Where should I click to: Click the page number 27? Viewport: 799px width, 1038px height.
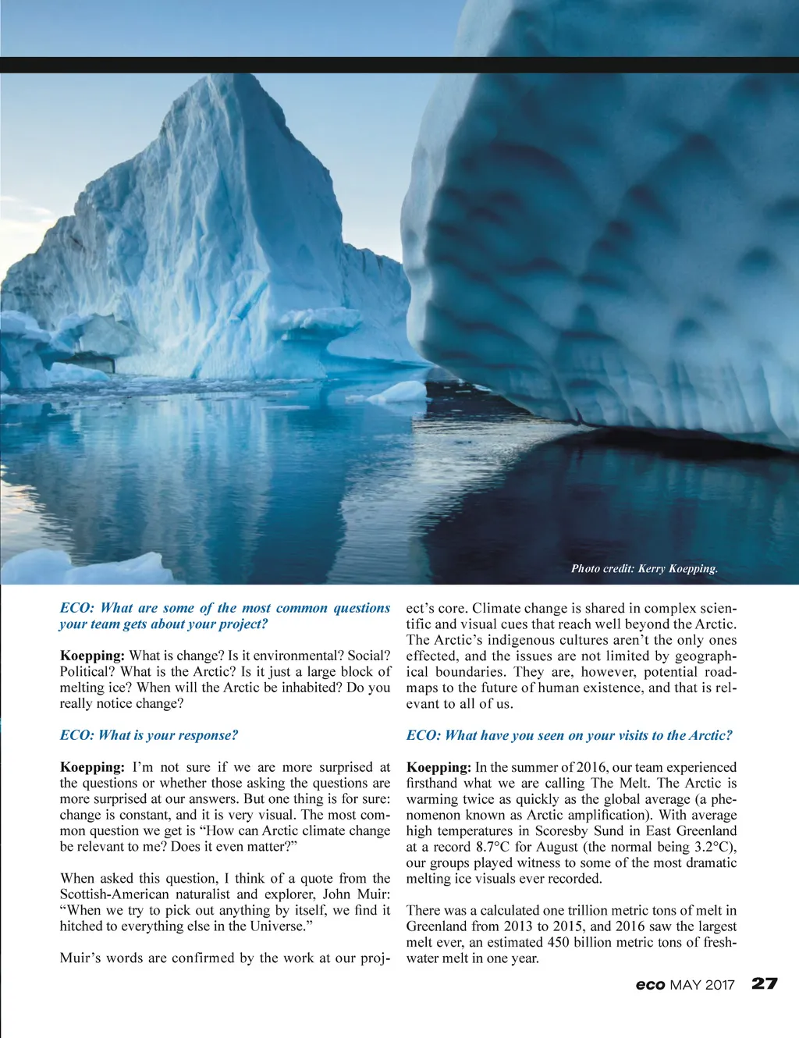[x=765, y=983]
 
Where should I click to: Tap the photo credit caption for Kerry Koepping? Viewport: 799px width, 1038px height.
[x=644, y=568]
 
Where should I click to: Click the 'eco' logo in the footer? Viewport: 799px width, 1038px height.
[x=650, y=985]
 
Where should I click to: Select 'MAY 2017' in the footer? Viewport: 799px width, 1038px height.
[x=702, y=985]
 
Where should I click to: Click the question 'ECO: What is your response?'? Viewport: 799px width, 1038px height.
[x=148, y=735]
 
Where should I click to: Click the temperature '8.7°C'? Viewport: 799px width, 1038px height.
[x=493, y=847]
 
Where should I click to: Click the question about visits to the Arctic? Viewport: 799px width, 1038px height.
[x=569, y=735]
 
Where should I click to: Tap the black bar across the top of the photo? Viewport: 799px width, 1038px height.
[x=399, y=65]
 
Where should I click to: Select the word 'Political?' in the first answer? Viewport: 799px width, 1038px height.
[x=88, y=672]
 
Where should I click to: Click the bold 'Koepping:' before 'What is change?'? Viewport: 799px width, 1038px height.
[x=92, y=656]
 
